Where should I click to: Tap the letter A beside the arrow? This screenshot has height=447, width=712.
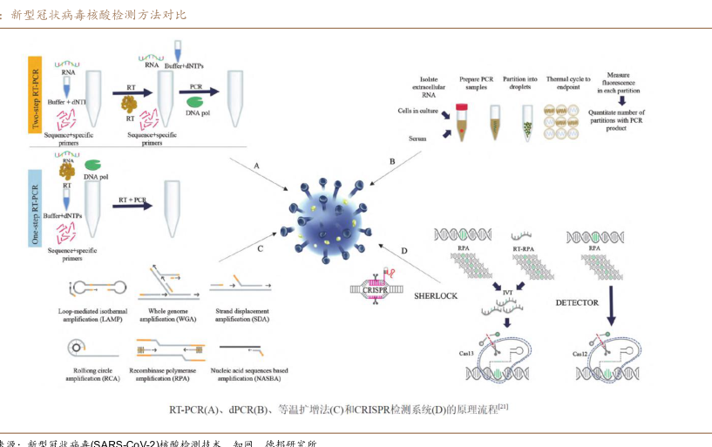coord(256,165)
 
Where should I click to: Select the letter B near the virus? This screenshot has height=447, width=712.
coord(392,161)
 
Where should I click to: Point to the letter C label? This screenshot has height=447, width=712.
coord(260,248)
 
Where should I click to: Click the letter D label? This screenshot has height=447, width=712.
coord(403,251)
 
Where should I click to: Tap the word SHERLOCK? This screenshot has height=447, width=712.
coord(435,296)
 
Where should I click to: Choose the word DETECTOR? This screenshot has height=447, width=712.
coord(577,302)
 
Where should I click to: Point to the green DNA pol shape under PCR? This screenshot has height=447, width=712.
coord(195,101)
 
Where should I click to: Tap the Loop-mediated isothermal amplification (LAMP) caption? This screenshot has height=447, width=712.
coord(100,315)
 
